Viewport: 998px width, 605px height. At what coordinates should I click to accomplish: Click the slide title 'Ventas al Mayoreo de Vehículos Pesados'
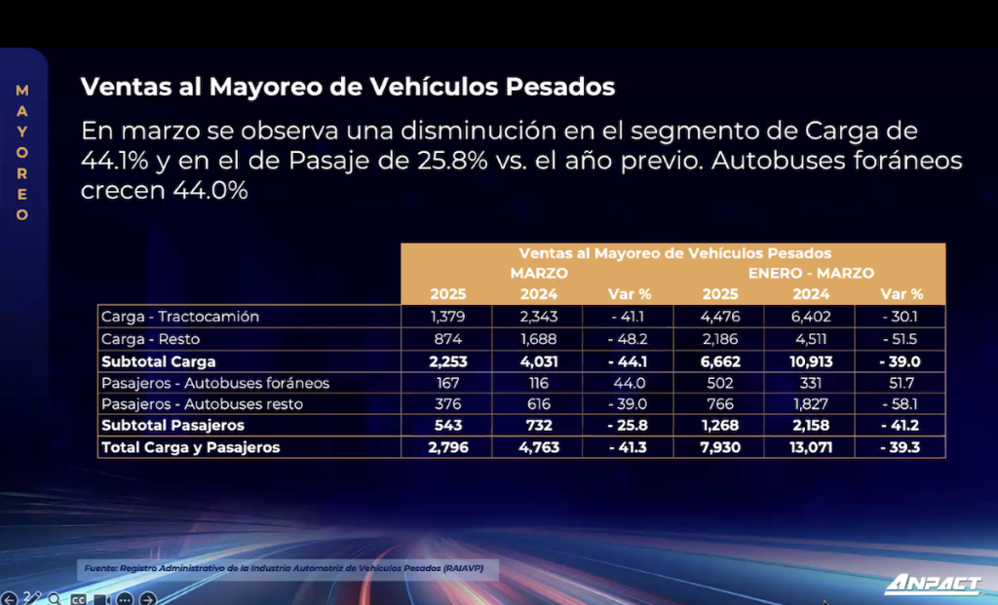[348, 87]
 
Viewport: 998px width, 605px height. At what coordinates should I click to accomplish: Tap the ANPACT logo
[933, 584]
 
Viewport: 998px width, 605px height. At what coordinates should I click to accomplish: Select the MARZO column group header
[538, 273]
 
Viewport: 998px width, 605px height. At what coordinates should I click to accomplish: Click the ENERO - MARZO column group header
[811, 273]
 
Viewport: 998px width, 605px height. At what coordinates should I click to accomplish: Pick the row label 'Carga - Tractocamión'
[180, 317]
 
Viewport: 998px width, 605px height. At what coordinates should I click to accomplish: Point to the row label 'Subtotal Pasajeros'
[173, 425]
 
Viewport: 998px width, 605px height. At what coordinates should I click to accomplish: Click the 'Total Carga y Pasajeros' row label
[190, 447]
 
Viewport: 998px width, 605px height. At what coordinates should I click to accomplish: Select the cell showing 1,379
[447, 317]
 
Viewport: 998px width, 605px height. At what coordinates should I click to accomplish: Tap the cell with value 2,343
[538, 317]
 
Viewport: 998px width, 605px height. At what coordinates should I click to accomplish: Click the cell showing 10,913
[811, 361]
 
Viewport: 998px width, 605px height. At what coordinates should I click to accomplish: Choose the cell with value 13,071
[811, 447]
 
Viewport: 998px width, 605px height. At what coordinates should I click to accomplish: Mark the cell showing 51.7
[901, 383]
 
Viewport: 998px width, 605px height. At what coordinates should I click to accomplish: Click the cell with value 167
[447, 383]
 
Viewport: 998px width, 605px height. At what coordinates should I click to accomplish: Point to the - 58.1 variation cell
[900, 404]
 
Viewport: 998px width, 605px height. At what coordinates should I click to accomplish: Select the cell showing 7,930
[720, 447]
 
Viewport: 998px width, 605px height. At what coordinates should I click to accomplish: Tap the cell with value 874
[447, 339]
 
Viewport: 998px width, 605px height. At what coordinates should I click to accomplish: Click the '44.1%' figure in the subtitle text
[115, 161]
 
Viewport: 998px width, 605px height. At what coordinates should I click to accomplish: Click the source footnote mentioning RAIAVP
[284, 568]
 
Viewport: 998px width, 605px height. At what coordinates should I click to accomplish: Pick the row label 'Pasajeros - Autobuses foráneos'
[215, 383]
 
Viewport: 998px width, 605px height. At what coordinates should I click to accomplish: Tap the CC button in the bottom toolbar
[78, 598]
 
